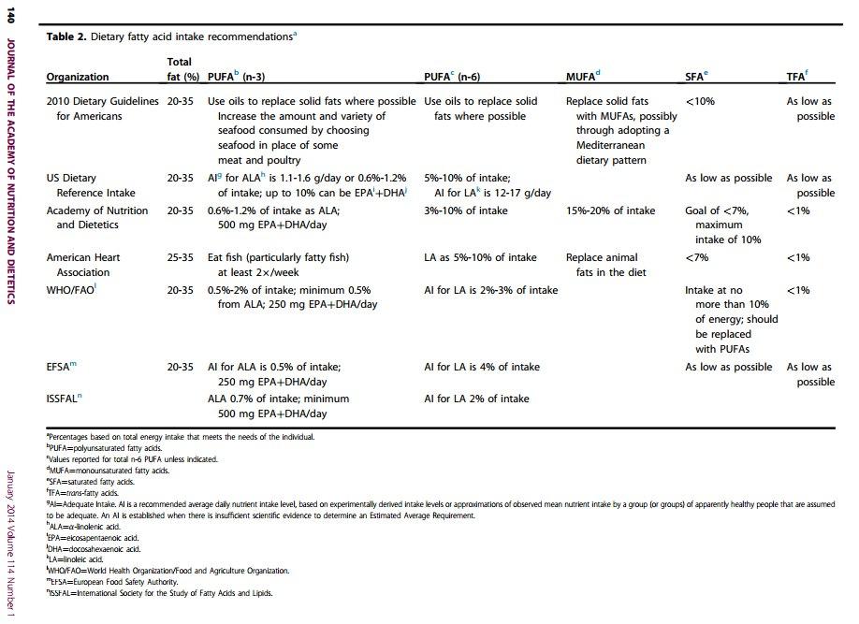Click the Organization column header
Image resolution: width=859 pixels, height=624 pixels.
78,77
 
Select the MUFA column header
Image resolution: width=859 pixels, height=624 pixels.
583,76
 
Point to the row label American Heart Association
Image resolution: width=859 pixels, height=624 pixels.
83,265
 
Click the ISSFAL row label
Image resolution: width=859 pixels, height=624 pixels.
65,399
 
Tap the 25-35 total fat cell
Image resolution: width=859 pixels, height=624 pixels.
181,257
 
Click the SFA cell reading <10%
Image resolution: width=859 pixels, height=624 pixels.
700,101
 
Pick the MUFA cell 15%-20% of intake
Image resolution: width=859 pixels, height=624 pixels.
610,210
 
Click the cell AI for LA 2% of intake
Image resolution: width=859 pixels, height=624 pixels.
476,399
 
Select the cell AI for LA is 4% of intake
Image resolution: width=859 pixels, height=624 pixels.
481,367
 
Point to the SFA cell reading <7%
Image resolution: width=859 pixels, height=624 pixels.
697,257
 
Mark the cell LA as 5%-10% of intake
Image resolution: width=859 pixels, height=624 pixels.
480,257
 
